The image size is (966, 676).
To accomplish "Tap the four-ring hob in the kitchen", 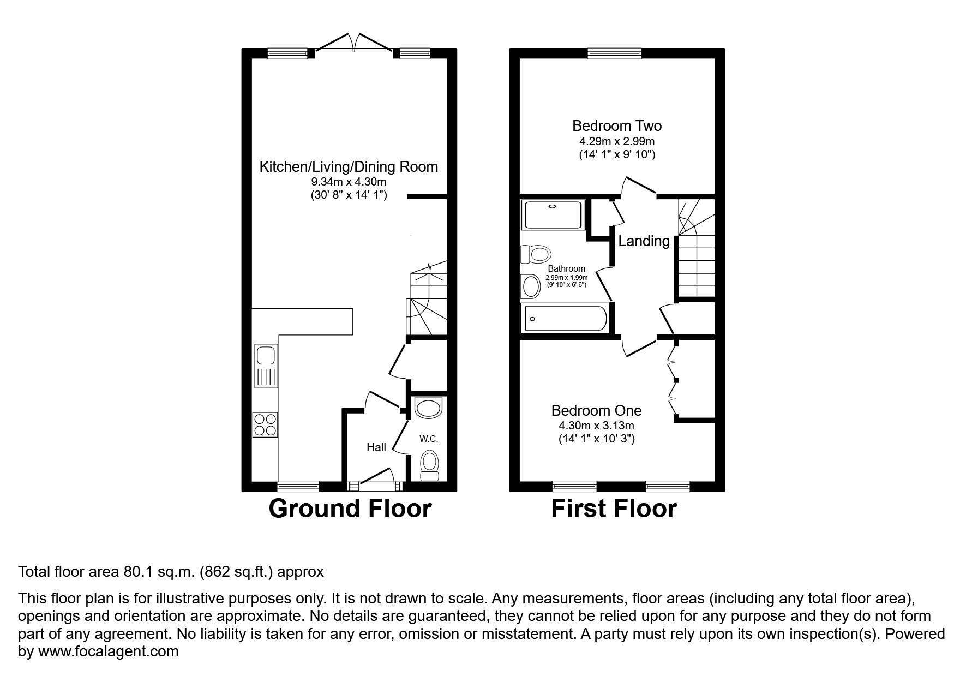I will (x=265, y=424).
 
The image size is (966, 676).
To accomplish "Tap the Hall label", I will (x=376, y=447).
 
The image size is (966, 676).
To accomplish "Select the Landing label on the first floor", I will (x=644, y=241).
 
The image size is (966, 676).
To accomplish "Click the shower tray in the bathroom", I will (x=553, y=215).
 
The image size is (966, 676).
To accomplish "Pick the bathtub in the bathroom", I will (x=565, y=319).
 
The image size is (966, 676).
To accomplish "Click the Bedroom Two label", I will (x=617, y=126).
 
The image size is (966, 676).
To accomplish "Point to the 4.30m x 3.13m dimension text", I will (x=596, y=426).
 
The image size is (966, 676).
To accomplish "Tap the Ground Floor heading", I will (x=350, y=509).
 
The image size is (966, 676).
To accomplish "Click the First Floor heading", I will (x=614, y=509).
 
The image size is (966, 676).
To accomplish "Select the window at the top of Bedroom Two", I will (x=615, y=53).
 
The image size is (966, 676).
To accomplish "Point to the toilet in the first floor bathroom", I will (x=536, y=254).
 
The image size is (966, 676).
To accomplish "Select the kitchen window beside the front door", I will (x=298, y=485).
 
